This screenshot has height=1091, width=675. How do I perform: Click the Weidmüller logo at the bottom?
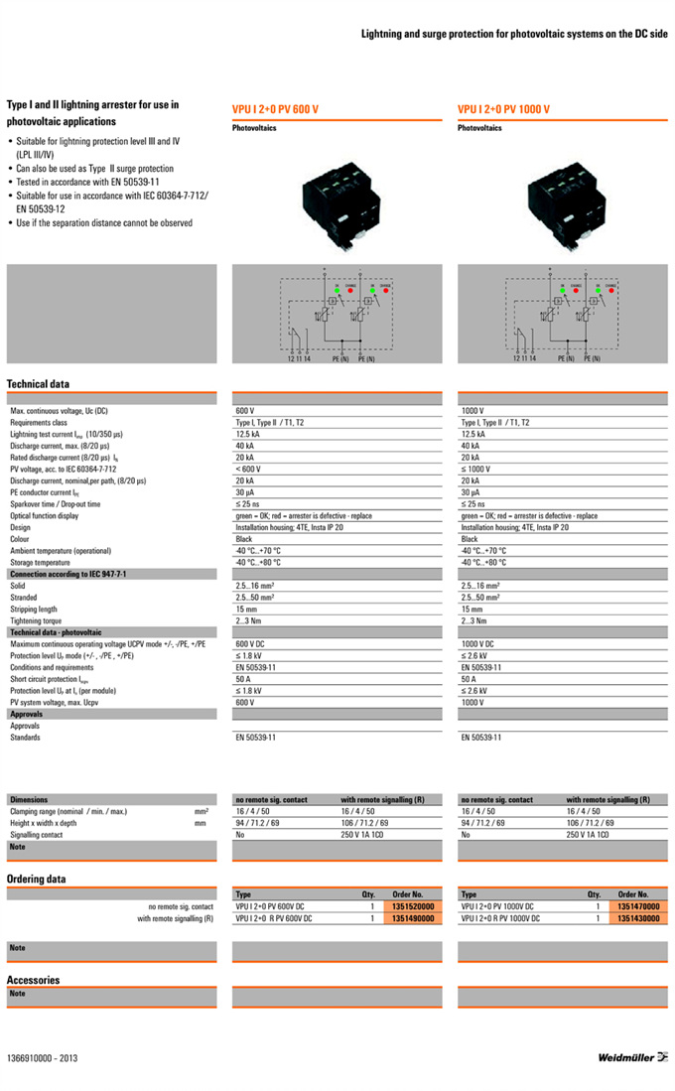tap(632, 1057)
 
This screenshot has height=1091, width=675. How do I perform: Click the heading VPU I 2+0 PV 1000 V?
tap(503, 109)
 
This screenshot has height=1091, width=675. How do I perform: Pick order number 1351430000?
tap(638, 918)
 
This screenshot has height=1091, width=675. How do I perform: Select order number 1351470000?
tap(638, 906)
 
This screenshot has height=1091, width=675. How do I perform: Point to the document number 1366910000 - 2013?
tap(42, 1058)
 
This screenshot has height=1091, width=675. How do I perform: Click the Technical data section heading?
tap(38, 384)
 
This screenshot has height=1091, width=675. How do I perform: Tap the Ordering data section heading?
tap(36, 879)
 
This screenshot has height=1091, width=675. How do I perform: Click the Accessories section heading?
tap(33, 980)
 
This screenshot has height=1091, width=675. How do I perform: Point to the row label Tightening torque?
tap(39, 620)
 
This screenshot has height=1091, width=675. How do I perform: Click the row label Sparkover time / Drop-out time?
tap(55, 504)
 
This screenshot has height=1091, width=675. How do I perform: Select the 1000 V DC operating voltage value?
tap(478, 644)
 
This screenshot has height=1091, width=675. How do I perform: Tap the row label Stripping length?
tap(34, 610)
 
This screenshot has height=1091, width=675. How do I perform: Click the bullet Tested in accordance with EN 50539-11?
tap(86, 183)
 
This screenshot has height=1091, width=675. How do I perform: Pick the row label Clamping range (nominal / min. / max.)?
tap(68, 811)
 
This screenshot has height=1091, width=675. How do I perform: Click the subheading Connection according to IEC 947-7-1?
tap(67, 574)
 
